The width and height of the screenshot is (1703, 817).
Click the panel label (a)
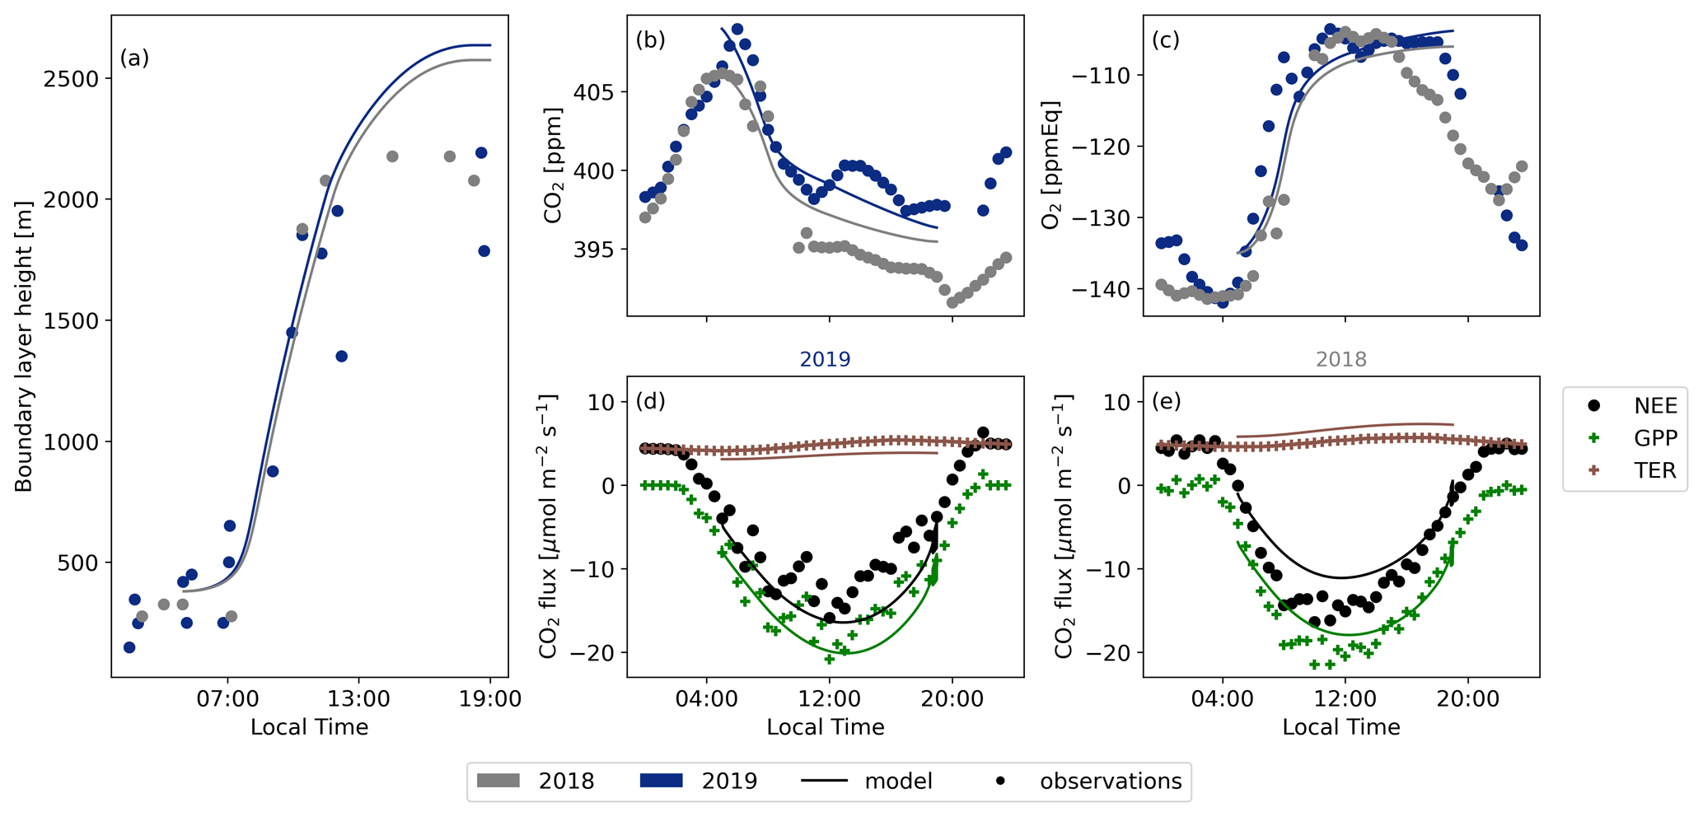(x=134, y=58)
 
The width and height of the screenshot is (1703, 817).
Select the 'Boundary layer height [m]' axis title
(x=24, y=346)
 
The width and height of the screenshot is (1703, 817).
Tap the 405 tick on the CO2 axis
(x=596, y=92)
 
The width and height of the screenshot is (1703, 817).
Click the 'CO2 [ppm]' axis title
(x=554, y=166)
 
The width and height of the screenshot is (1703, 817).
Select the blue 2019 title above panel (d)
(x=825, y=360)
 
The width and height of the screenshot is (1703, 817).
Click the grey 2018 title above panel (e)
(x=1340, y=360)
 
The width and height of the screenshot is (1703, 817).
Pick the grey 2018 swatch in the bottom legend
(x=498, y=781)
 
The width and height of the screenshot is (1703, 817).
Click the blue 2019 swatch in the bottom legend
(x=661, y=781)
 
